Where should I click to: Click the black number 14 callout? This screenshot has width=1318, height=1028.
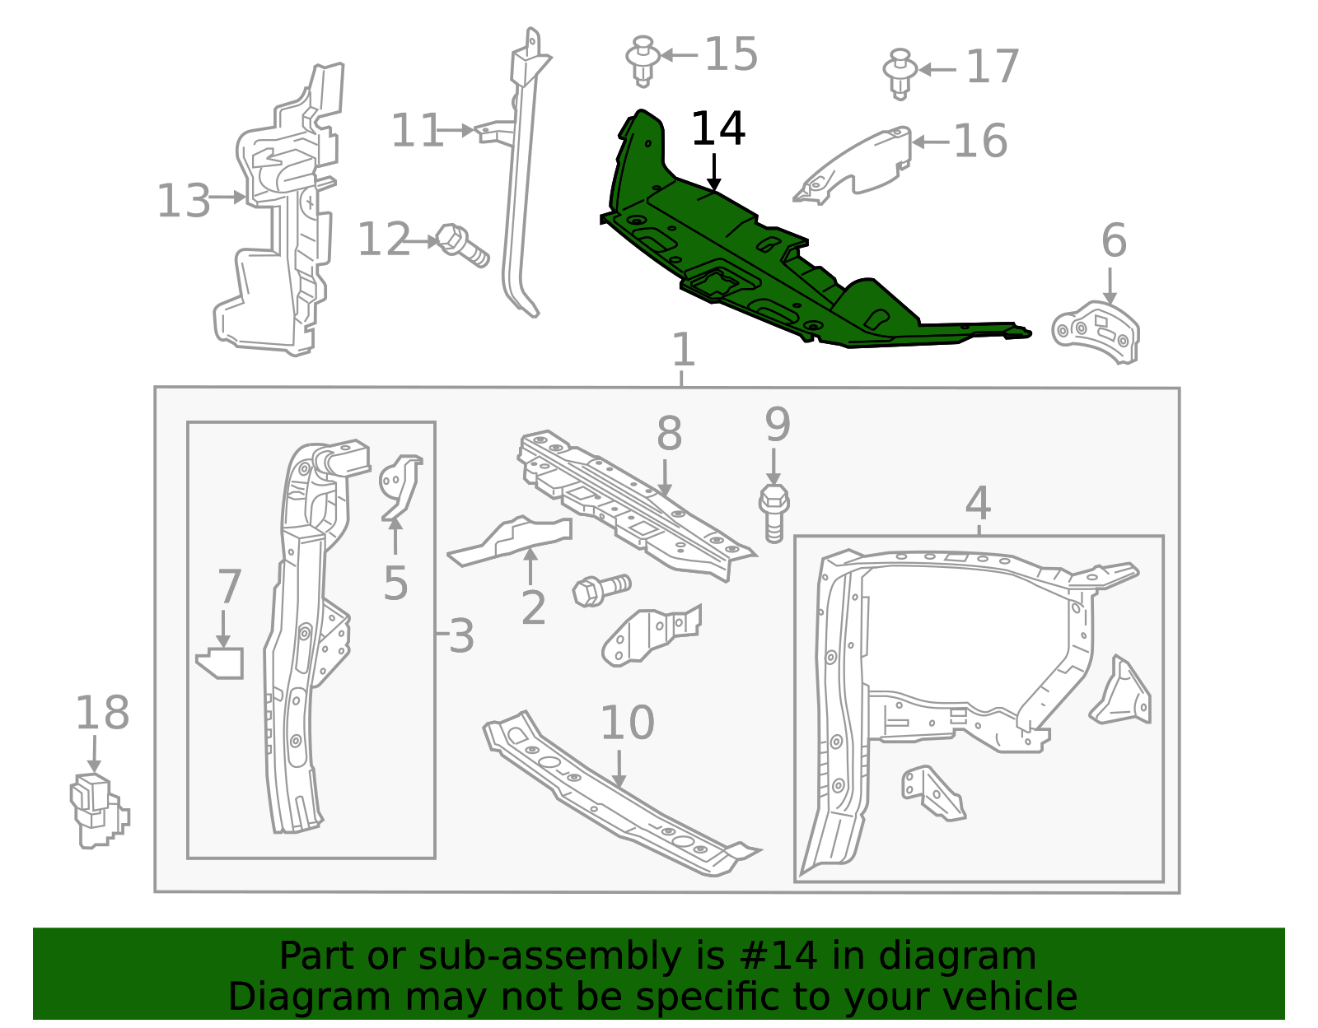pos(718,128)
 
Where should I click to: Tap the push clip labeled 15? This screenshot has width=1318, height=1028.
pos(643,61)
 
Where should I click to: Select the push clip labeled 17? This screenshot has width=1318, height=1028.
pos(900,74)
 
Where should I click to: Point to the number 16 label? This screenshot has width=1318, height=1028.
pos(980,141)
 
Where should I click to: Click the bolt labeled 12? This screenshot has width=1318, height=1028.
pos(463,246)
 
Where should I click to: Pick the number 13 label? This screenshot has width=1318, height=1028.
pos(183,201)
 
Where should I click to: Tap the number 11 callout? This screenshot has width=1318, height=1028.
pos(417,131)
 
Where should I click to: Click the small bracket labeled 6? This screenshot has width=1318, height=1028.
pos(1096,333)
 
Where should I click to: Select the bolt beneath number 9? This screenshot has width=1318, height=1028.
pos(774,513)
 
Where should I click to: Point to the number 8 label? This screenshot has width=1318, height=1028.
pos(669,434)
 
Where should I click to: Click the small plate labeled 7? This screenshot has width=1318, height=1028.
pos(220,663)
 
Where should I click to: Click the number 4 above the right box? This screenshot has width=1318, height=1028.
pos(978,504)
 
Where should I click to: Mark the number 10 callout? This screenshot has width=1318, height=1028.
pos(627,723)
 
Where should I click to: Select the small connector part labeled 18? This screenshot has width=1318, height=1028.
pos(99,811)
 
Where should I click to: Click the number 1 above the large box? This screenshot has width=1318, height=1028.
pos(684,350)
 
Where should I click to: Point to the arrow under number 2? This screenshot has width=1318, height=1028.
pos(530,565)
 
